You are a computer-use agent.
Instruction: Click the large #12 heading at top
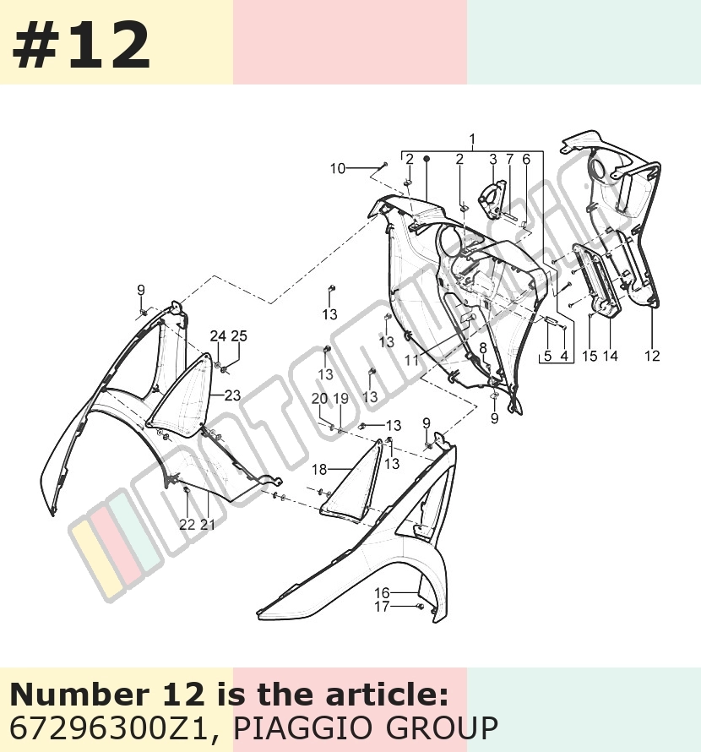81,46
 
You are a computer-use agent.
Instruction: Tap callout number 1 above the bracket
472,139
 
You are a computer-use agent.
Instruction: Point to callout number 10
338,168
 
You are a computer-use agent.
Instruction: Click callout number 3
493,159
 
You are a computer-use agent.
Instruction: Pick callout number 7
509,159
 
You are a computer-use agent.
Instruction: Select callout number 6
526,159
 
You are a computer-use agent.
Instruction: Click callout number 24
218,336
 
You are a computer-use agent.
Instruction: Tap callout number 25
239,336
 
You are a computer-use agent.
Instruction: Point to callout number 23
232,395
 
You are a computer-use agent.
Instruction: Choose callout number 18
319,470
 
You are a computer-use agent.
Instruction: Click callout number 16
382,593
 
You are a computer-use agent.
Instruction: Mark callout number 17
382,607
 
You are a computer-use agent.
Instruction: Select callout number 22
187,525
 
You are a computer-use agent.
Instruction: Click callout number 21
208,525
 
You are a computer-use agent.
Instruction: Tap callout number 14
611,356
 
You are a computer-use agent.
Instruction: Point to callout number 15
590,356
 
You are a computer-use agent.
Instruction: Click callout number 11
412,360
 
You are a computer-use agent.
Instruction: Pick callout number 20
320,399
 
